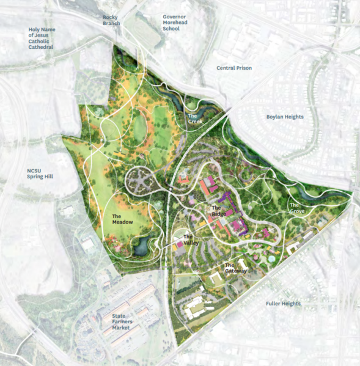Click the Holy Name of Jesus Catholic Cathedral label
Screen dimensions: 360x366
(x=42, y=38)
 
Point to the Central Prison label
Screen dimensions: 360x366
(x=235, y=68)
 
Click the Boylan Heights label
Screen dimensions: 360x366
(x=285, y=117)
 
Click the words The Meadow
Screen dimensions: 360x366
(x=123, y=219)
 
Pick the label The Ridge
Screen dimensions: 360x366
(x=219, y=211)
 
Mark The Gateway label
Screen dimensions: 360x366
(x=235, y=268)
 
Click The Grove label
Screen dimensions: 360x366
(x=298, y=208)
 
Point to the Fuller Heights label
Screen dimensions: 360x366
(x=283, y=304)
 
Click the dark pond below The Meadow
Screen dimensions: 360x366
(x=142, y=246)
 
